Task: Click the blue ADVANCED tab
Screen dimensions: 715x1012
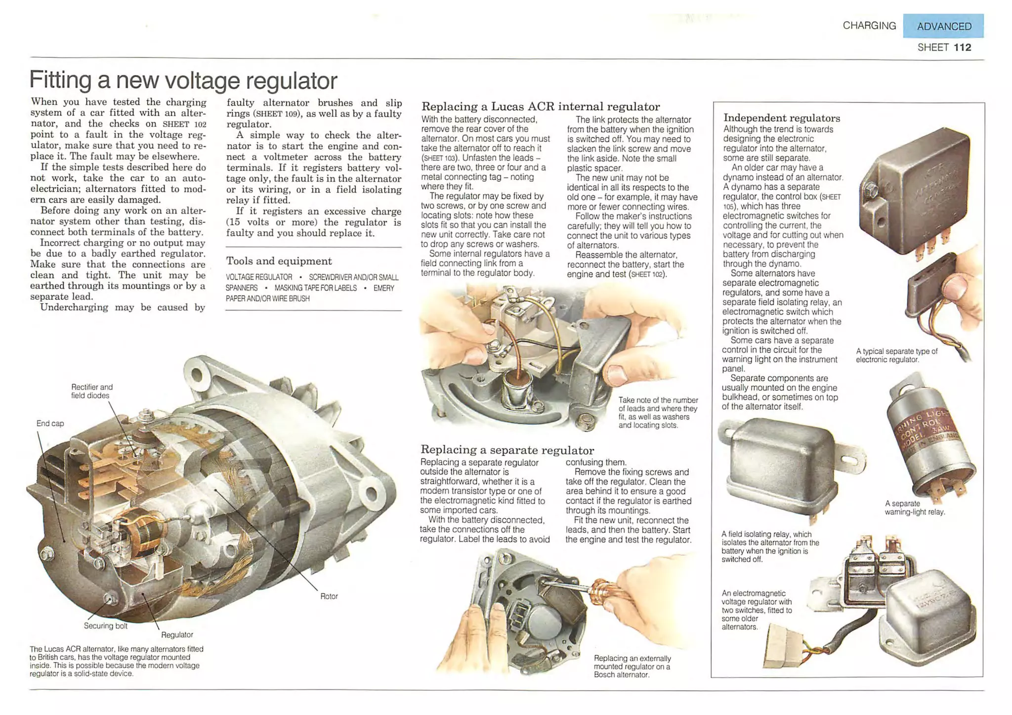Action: (943, 26)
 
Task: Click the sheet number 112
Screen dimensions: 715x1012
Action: (962, 47)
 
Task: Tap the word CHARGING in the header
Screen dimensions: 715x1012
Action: (869, 26)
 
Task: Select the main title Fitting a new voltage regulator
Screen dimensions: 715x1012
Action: (183, 80)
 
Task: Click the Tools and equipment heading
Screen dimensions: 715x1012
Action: (279, 261)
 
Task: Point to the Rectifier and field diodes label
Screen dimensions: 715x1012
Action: (91, 391)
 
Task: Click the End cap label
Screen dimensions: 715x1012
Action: (50, 423)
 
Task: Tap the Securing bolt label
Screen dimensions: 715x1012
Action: (105, 626)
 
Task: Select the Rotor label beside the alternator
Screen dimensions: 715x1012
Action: (329, 596)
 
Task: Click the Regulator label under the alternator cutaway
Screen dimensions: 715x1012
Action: (177, 635)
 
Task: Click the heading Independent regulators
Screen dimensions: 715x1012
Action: (781, 118)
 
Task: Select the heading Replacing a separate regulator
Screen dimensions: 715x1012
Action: (507, 450)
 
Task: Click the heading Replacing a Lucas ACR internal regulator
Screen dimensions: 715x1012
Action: (540, 107)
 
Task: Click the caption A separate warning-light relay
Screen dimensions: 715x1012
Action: (914, 507)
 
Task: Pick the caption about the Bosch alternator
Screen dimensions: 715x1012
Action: (632, 666)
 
